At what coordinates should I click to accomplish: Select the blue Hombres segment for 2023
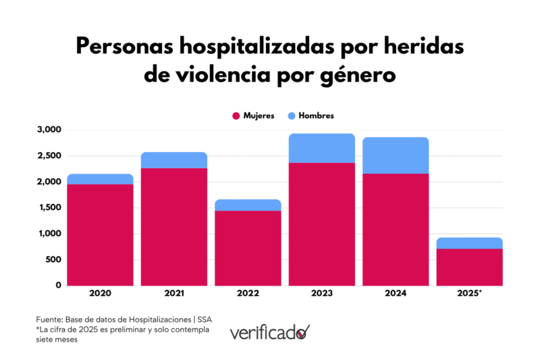(x=322, y=148)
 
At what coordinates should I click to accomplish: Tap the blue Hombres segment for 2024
(x=396, y=155)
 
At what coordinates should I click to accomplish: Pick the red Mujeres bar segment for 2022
(x=248, y=248)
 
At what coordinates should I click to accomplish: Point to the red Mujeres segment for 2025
(x=470, y=267)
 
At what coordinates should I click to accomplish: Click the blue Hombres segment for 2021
(x=174, y=160)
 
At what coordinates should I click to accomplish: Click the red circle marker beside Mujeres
(x=236, y=115)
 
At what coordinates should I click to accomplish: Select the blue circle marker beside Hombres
(x=291, y=115)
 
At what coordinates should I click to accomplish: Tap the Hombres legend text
(x=317, y=115)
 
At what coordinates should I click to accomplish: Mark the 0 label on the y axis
(x=59, y=285)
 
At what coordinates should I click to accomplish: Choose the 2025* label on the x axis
(x=470, y=294)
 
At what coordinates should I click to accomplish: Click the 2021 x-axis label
(x=174, y=294)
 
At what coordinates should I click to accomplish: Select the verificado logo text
(x=269, y=332)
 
